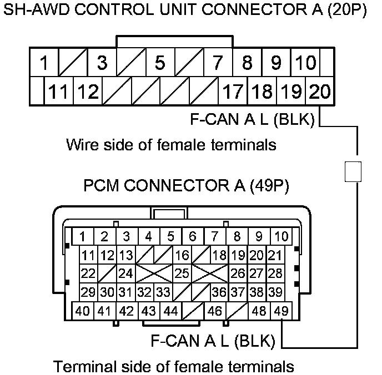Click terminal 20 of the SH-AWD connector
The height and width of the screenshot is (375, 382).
(320, 91)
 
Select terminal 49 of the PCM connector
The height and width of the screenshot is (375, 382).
(282, 311)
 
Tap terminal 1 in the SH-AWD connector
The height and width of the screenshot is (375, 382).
(44, 63)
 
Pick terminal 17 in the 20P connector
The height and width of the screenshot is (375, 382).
(233, 91)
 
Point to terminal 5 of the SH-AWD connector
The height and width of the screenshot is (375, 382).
(160, 63)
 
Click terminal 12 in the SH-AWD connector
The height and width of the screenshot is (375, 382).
(87, 91)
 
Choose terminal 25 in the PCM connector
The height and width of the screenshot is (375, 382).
(182, 273)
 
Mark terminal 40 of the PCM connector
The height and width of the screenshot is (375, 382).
(83, 311)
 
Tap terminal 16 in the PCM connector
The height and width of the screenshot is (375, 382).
(182, 255)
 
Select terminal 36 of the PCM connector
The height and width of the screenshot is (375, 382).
(219, 292)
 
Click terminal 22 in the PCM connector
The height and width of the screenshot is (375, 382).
(88, 273)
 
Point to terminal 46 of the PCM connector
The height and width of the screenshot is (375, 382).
(215, 311)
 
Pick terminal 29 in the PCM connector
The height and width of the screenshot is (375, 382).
(88, 292)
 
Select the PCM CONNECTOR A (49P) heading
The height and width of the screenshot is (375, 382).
(186, 185)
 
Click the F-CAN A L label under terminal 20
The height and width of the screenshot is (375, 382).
(252, 119)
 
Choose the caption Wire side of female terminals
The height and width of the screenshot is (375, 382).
(171, 145)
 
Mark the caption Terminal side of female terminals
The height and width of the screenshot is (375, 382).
(173, 367)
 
